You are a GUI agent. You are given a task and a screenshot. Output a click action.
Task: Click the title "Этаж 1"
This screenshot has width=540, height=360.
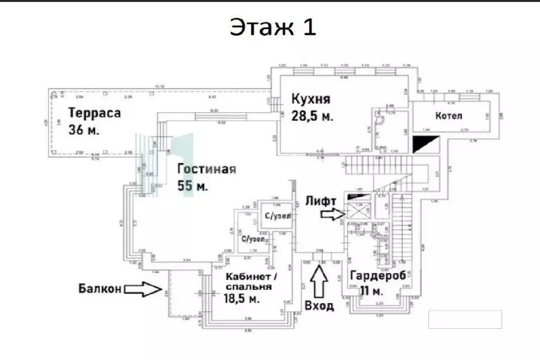click(x=272, y=27)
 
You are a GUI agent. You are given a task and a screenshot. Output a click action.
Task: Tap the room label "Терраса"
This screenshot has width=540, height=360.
click(x=94, y=112)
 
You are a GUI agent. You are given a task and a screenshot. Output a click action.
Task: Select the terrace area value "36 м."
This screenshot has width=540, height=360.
click(x=84, y=129)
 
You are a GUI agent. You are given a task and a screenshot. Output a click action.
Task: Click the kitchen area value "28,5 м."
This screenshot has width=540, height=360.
click(x=312, y=116)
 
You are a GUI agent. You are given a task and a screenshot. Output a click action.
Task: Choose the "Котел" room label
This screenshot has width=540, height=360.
click(x=449, y=116)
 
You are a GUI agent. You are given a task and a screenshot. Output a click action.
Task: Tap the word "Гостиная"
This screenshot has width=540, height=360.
click(x=206, y=169)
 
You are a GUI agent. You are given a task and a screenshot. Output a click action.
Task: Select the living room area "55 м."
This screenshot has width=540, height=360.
click(x=193, y=186)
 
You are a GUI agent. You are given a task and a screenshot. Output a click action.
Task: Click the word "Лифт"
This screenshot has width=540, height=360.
click(x=321, y=200)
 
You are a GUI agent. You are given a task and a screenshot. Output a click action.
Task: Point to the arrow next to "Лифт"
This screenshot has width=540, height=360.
click(x=333, y=213)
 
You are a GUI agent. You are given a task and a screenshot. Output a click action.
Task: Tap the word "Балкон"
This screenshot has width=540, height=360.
click(x=100, y=288)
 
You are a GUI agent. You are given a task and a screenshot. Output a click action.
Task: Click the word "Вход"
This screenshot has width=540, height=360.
click(x=320, y=305)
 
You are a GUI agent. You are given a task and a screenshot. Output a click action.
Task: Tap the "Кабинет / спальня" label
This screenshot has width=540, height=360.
click(x=249, y=281)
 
